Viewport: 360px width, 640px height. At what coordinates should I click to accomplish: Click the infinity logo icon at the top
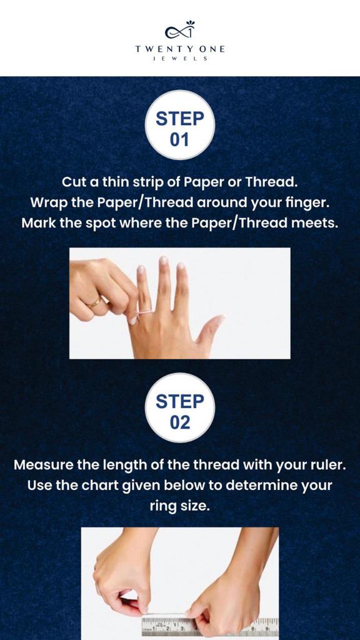point(179,30)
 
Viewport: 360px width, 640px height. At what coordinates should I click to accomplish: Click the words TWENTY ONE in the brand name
point(180,49)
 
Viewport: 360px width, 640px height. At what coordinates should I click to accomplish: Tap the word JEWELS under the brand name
point(180,59)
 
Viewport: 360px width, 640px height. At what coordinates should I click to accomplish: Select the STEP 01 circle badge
point(180,124)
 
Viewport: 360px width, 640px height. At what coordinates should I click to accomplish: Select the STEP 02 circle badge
point(180,407)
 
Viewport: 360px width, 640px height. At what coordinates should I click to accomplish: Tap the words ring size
point(180,507)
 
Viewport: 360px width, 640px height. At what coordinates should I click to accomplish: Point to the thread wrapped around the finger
point(144,312)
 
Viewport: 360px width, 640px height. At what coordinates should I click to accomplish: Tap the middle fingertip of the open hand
point(164,261)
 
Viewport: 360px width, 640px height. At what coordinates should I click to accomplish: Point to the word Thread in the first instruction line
point(271,182)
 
